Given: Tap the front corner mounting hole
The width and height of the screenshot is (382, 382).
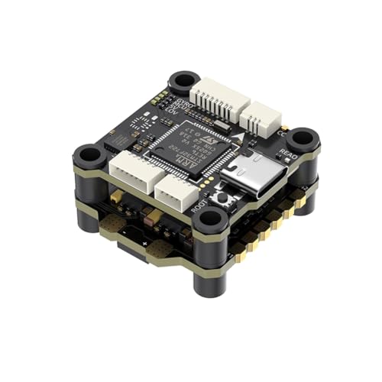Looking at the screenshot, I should (208, 221).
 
